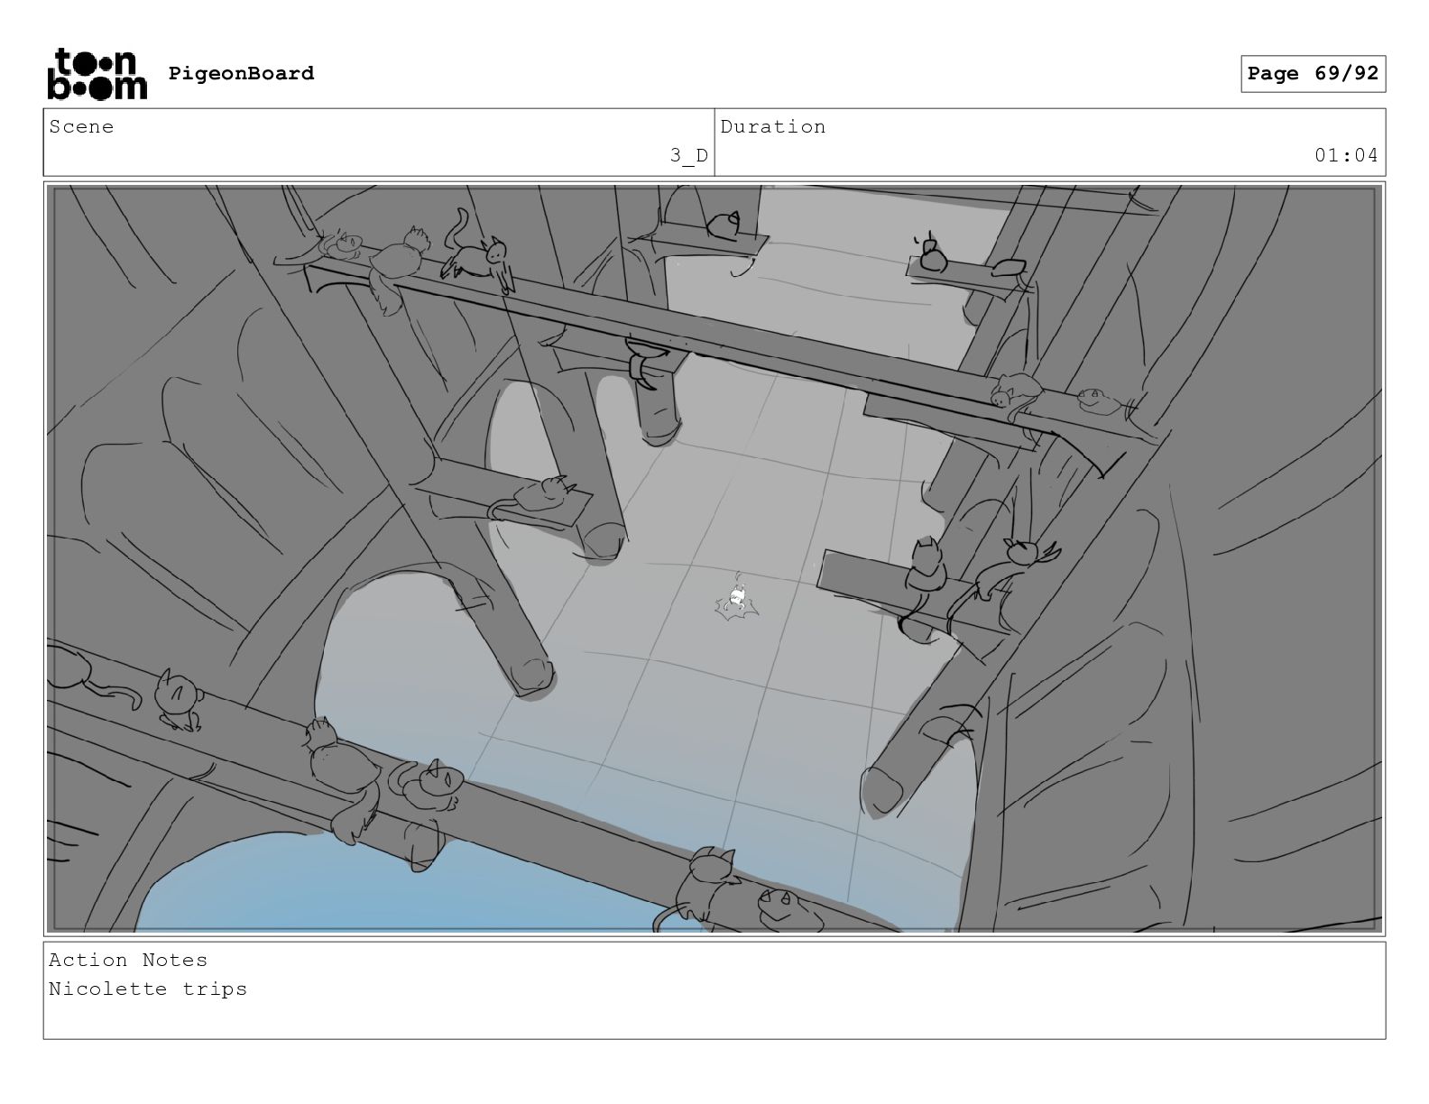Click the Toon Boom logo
(97, 74)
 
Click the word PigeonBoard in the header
(241, 73)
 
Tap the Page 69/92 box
(1313, 74)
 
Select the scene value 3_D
(688, 156)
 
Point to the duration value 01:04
(1345, 156)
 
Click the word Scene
(81, 127)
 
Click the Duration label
(773, 127)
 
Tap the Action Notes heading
(128, 960)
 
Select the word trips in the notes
(215, 989)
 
